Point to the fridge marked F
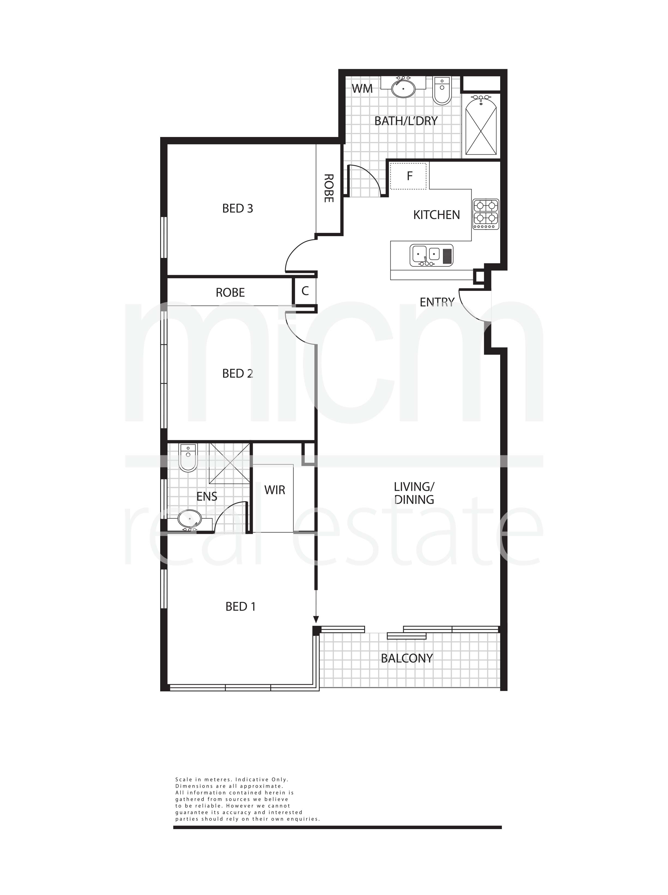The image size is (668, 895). pos(408,176)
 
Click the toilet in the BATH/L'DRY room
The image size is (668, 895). pos(442,91)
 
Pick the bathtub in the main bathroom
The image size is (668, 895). pos(481,125)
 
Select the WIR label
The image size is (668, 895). pos(275,490)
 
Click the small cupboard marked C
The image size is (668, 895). pos(305,291)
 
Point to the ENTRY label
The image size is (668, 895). pos(437,302)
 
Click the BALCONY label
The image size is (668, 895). pos(407,659)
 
